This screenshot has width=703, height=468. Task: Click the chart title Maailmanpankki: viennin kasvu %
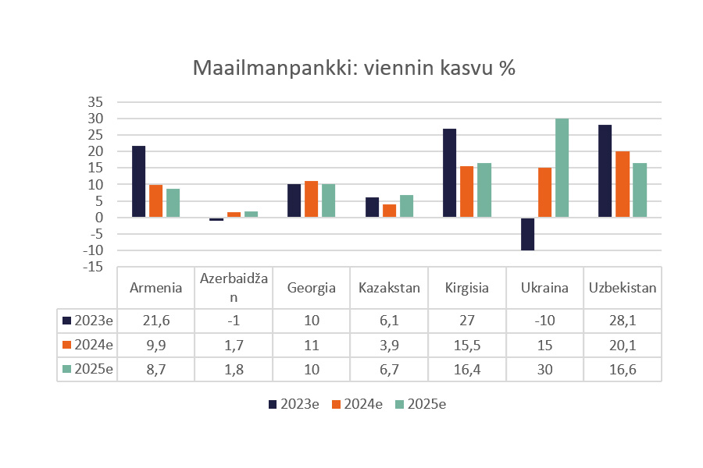tap(354, 69)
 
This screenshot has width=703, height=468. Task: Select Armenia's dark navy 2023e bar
tap(138, 182)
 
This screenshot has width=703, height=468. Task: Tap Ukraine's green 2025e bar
tap(562, 168)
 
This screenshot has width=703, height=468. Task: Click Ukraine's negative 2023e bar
tap(527, 234)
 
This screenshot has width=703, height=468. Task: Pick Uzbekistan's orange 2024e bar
tap(622, 184)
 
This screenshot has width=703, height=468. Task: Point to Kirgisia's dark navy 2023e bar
tap(449, 173)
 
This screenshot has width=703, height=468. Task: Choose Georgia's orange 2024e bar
tap(311, 200)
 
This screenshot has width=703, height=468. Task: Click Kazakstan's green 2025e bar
tap(406, 207)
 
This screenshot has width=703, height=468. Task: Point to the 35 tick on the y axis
tap(96, 102)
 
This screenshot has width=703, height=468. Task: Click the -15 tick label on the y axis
tap(94, 268)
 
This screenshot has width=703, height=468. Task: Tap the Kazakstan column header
tap(389, 288)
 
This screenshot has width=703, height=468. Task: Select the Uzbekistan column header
tap(622, 288)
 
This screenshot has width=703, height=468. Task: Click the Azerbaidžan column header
tap(234, 288)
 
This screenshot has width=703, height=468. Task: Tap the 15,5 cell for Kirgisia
tap(466, 345)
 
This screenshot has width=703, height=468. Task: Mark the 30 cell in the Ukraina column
tap(544, 369)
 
